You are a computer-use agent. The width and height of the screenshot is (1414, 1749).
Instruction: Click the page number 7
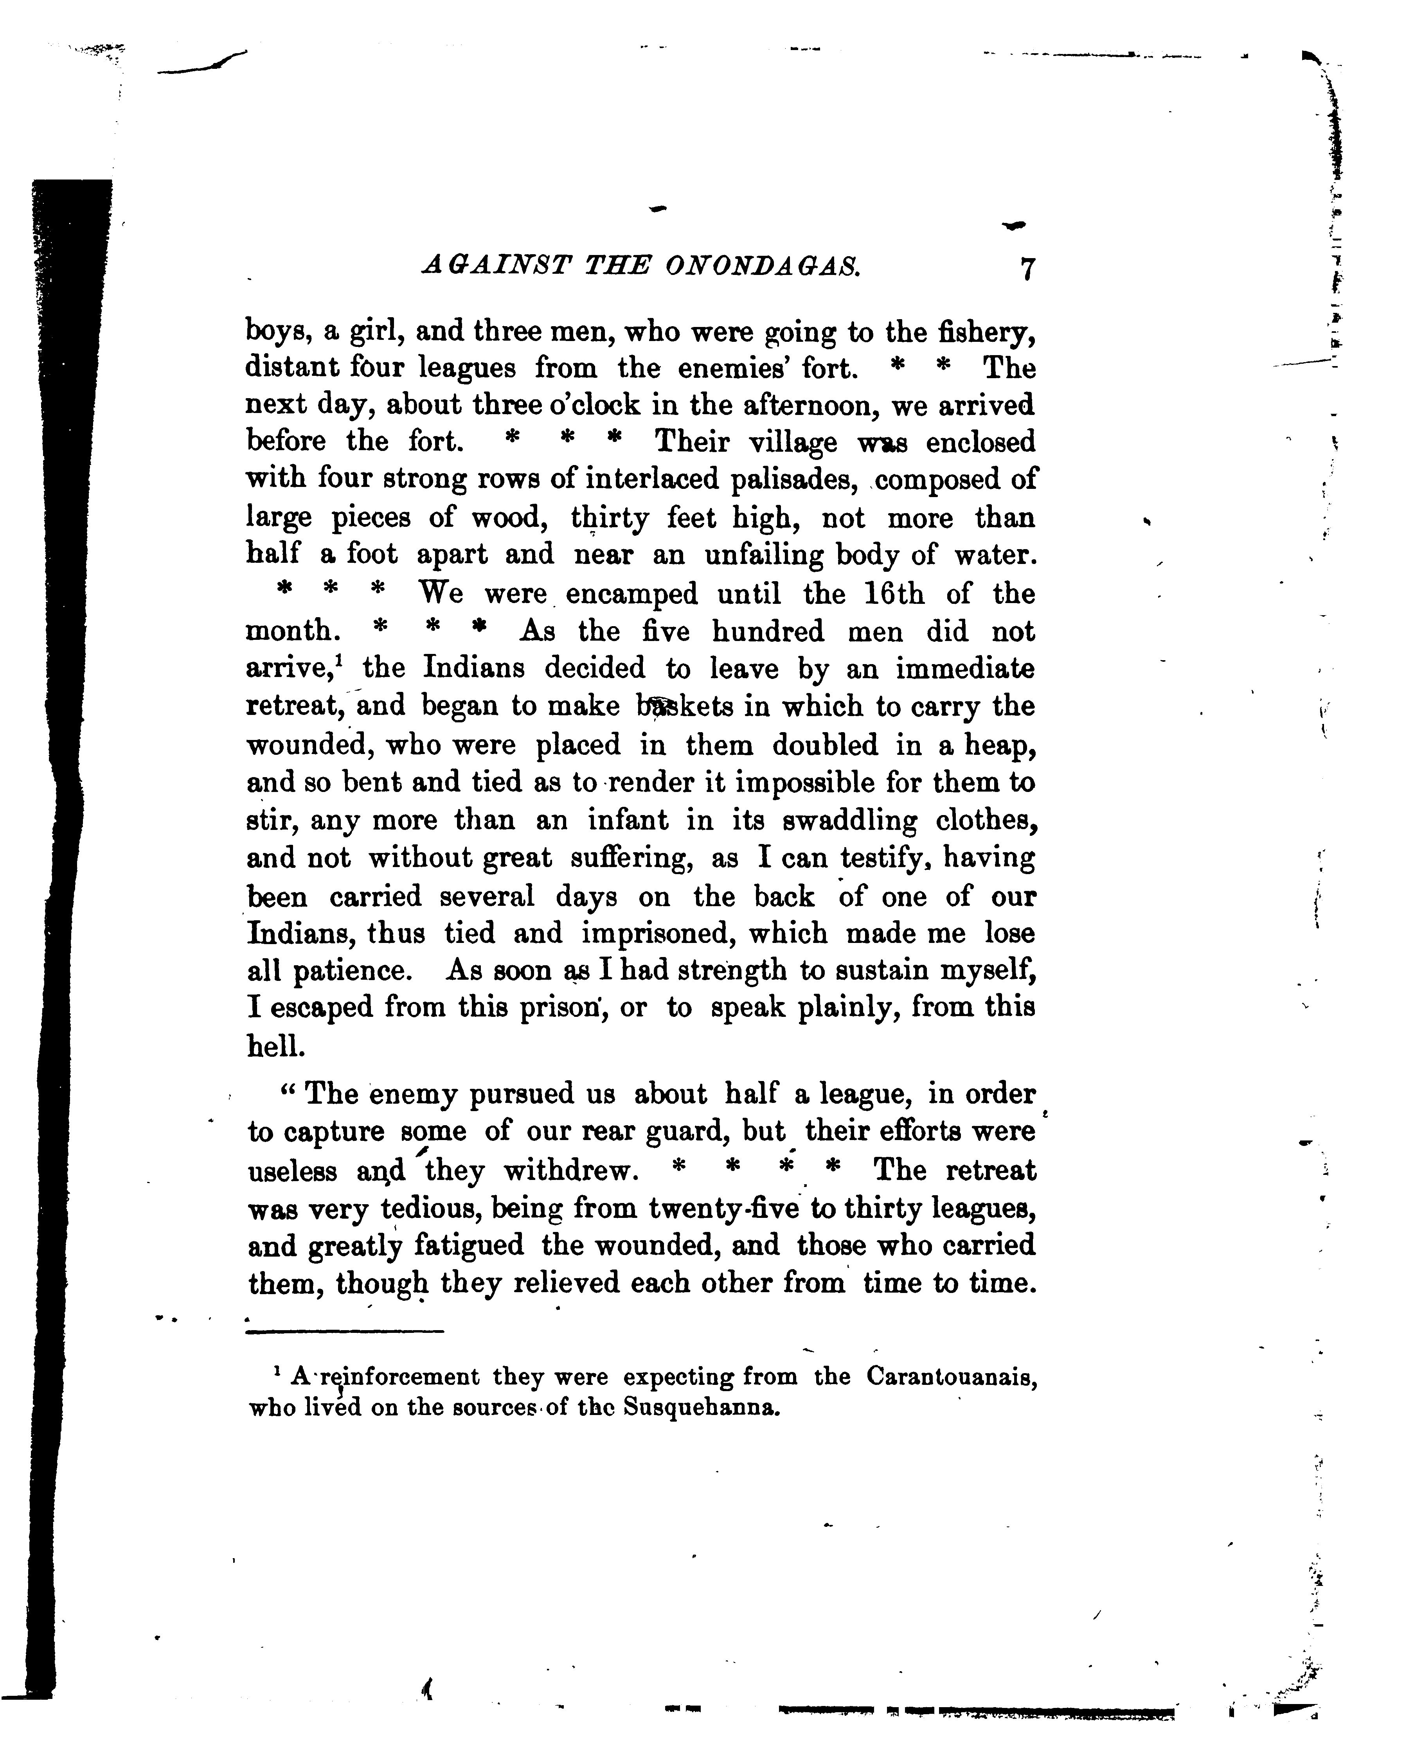point(1027,269)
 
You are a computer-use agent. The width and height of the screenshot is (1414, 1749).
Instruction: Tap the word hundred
point(769,632)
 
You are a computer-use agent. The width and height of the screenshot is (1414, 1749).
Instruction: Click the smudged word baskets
point(684,706)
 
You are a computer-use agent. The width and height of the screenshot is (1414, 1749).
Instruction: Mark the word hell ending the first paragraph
point(275,1045)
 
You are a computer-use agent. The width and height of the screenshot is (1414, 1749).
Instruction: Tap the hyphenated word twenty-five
point(723,1209)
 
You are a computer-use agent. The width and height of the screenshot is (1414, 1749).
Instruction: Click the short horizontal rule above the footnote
point(345,1332)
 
